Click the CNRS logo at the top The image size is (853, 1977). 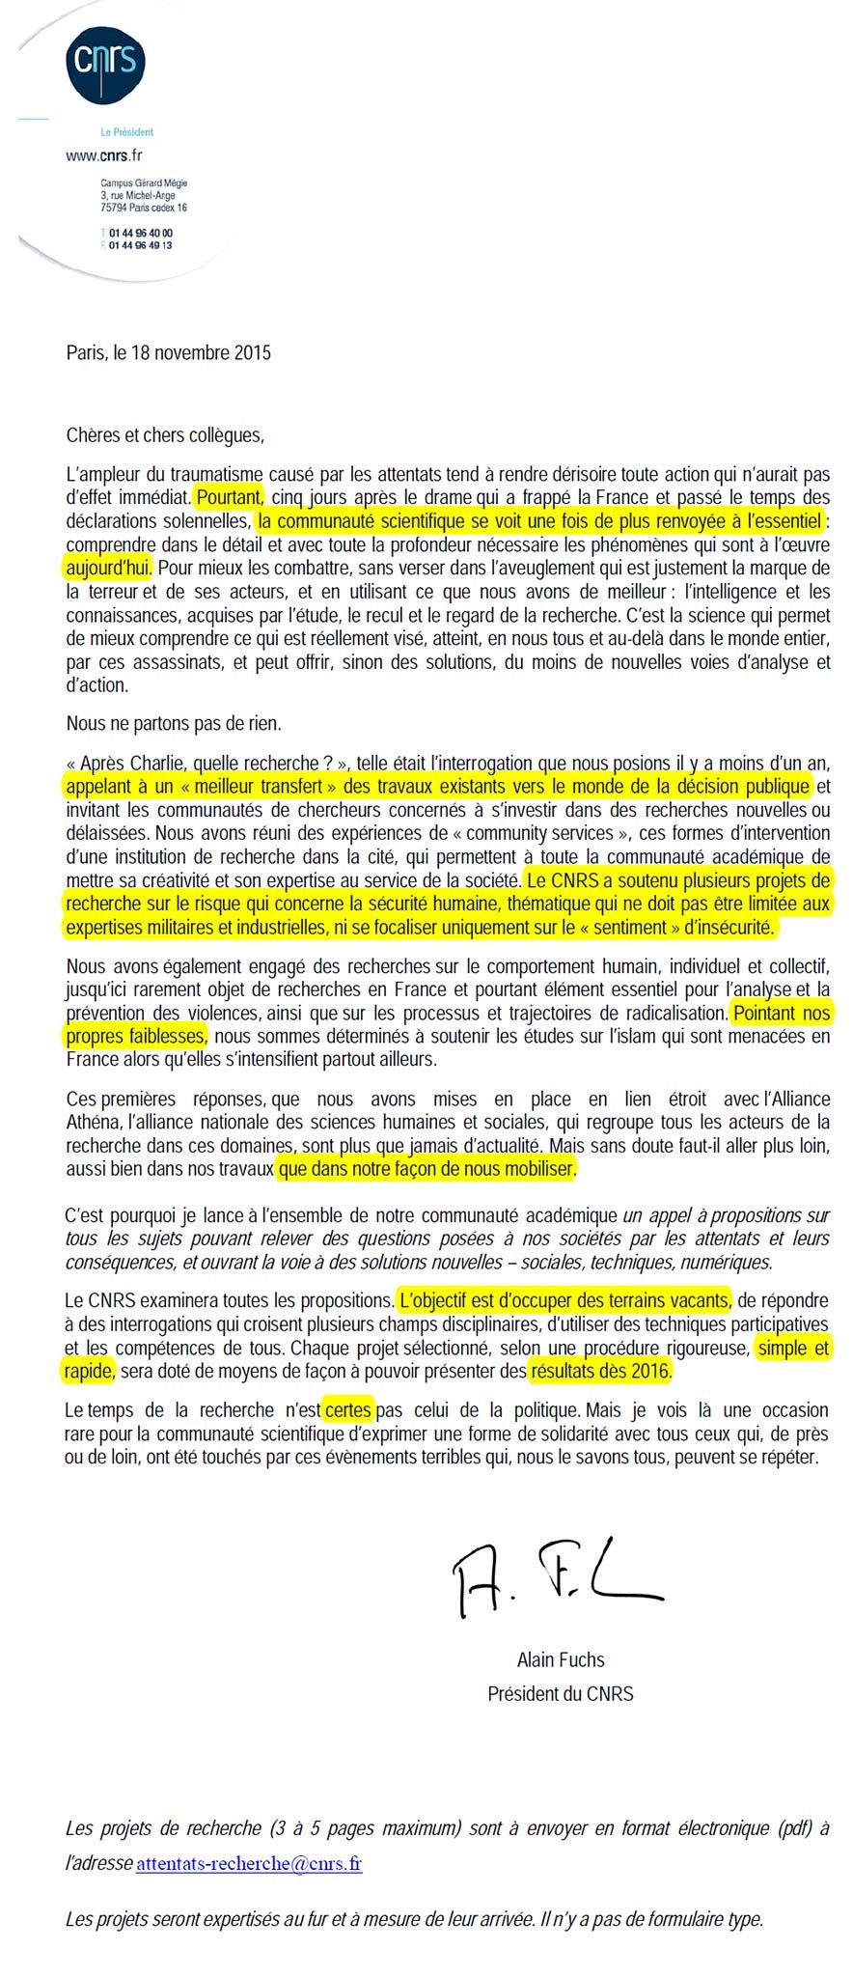pyautogui.click(x=105, y=62)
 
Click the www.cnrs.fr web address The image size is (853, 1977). pyautogui.click(x=104, y=154)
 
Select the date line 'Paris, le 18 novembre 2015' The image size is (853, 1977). pyautogui.click(x=169, y=352)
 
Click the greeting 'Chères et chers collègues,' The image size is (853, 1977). pyautogui.click(x=165, y=434)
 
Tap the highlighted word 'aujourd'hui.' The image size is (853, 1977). pyautogui.click(x=109, y=567)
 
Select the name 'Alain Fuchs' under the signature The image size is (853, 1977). pyautogui.click(x=561, y=1660)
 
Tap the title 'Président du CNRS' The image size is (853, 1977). pyautogui.click(x=561, y=1693)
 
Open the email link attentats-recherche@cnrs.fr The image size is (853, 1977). pyautogui.click(x=249, y=1863)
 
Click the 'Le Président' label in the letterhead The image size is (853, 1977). pyautogui.click(x=127, y=132)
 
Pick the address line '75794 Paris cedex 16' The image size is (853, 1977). pyautogui.click(x=144, y=208)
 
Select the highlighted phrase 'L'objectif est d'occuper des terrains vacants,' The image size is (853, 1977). pyautogui.click(x=565, y=1299)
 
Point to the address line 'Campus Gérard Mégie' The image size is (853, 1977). pyautogui.click(x=144, y=183)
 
